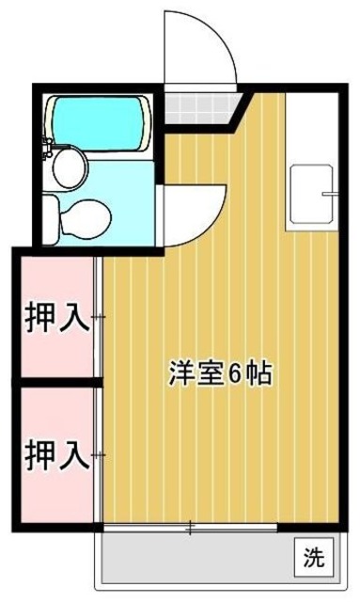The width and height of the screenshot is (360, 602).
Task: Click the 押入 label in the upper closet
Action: click(x=57, y=317)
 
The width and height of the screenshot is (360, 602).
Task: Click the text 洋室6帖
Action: click(x=221, y=373)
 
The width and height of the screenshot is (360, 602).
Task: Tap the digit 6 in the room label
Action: click(x=235, y=374)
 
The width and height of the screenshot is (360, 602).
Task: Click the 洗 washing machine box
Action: click(x=313, y=557)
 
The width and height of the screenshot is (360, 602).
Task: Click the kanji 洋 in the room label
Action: click(x=182, y=373)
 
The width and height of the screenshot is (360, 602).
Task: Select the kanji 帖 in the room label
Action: click(x=260, y=373)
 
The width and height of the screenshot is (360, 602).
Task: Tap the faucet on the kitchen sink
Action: click(x=329, y=193)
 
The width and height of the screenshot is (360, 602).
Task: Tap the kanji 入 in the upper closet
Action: click(x=75, y=317)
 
